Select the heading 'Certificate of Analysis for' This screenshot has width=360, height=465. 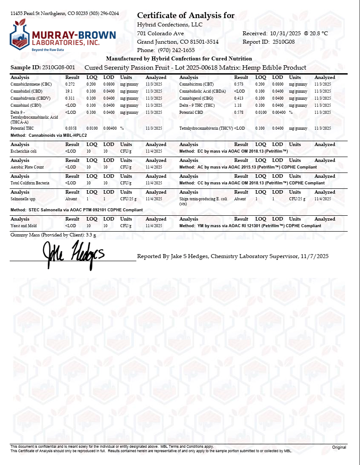(x=186, y=16)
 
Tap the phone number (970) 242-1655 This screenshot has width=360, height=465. (x=176, y=50)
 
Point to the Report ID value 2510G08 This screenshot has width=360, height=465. (x=284, y=42)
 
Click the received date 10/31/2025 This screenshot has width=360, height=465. (x=285, y=34)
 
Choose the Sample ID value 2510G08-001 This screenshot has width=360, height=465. (x=59, y=67)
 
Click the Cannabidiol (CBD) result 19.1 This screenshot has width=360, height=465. (x=69, y=91)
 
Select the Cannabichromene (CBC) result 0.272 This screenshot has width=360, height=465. (x=70, y=84)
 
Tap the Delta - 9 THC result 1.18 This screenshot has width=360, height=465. (x=238, y=105)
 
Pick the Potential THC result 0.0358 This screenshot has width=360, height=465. (x=71, y=128)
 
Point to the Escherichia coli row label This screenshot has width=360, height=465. (x=24, y=151)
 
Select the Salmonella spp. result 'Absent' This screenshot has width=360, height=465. (x=71, y=199)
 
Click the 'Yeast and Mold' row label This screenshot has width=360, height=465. (x=23, y=226)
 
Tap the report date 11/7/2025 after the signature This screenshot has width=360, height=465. (x=315, y=256)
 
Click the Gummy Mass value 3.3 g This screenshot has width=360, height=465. (x=91, y=235)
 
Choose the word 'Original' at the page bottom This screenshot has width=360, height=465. (x=339, y=447)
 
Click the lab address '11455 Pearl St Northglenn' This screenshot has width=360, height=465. (x=39, y=13)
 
